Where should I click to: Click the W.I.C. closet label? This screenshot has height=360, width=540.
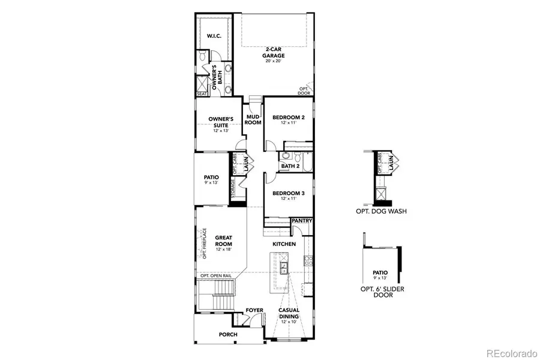coord(214,36)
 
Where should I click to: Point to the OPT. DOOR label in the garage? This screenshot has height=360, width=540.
coord(305,91)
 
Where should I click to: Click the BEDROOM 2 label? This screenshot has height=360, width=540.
coord(289,118)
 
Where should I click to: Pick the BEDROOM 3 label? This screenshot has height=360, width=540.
coord(289,193)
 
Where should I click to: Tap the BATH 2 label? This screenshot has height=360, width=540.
coord(290,166)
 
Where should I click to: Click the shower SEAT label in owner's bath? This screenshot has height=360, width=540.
coord(201,94)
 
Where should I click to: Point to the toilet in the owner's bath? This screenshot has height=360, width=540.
coord(204,57)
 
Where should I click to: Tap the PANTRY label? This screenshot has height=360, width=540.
coord(302,221)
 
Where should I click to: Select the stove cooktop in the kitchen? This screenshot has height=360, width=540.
coord(308,261)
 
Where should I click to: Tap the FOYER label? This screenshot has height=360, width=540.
coord(254,310)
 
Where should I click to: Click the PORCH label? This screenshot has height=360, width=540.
coord(228,334)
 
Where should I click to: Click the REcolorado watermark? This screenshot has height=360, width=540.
coord(511,352)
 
